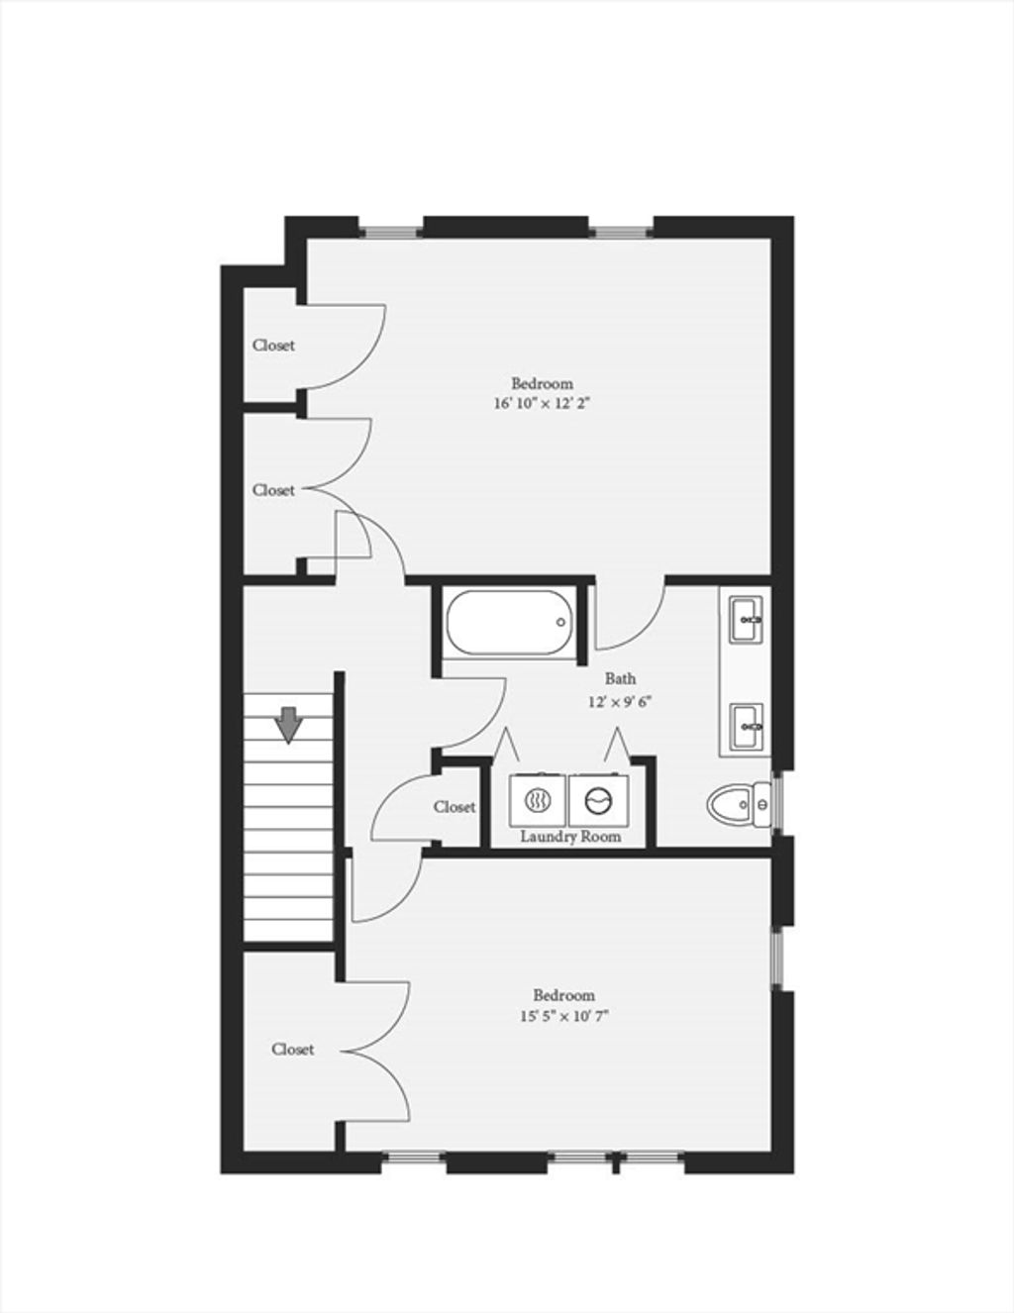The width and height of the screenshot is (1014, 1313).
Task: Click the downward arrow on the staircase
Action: [289, 725]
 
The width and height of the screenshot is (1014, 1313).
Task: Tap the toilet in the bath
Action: [739, 804]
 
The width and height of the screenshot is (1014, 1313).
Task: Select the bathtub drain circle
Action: [560, 623]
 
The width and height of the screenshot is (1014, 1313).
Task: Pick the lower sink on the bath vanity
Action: [747, 726]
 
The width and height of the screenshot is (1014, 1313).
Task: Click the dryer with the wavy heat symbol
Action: [538, 801]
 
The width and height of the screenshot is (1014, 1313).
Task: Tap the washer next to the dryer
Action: [598, 801]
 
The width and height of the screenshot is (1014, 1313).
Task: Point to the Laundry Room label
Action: [570, 837]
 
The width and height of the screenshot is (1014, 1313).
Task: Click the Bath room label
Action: [621, 678]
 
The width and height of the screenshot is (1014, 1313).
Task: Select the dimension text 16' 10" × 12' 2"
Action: [542, 404]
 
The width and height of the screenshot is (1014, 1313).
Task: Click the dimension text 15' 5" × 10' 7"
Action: [563, 1016]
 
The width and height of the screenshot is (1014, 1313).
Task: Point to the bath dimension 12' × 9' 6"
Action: [621, 702]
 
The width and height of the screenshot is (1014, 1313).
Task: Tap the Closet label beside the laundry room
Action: [455, 807]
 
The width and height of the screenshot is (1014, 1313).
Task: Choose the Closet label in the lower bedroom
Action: [292, 1050]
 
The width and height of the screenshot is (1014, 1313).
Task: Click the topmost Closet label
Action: [273, 345]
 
